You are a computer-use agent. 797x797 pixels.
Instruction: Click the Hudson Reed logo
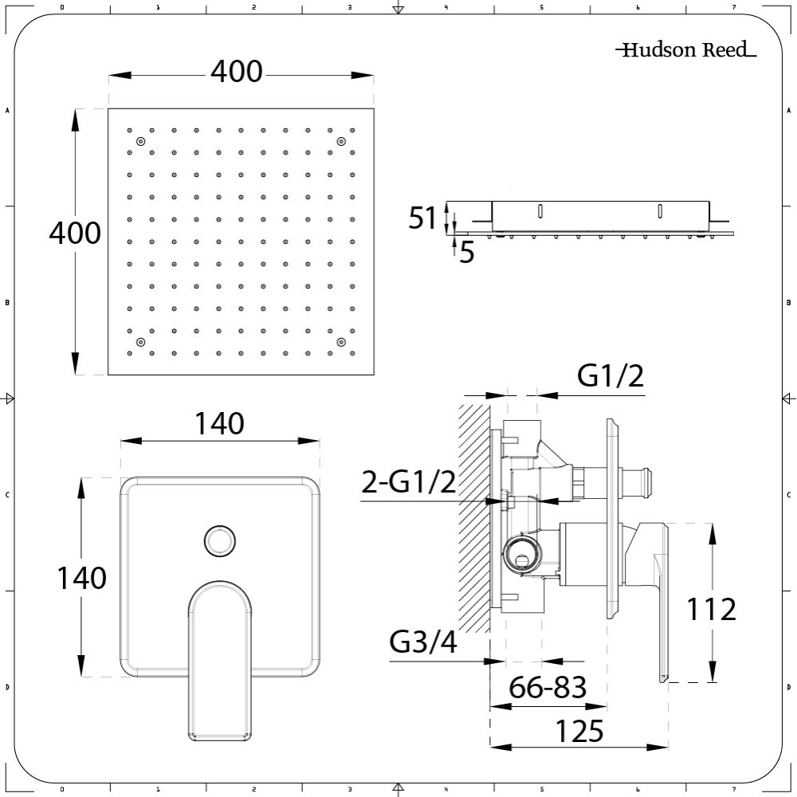point(685,49)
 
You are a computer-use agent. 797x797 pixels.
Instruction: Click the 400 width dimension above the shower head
point(237,72)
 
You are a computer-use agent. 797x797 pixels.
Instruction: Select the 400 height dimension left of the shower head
point(75,234)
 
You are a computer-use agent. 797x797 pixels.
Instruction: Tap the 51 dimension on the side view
point(422,218)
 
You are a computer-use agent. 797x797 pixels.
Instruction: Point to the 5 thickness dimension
point(466,253)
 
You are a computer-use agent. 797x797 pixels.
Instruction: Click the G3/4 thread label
point(423,642)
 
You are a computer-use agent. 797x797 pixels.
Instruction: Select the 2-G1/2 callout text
point(409,482)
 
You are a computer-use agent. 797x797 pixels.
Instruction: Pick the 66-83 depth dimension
point(548,687)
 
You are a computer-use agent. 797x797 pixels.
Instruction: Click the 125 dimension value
point(579,731)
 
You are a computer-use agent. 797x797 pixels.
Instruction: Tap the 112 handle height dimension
point(711,609)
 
